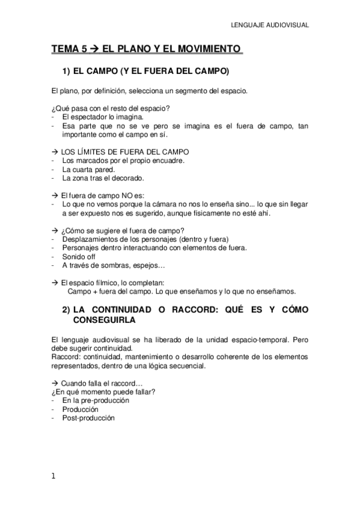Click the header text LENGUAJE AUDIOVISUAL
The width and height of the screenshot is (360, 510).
coord(270,25)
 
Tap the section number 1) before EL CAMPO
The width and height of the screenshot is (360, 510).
coord(67,71)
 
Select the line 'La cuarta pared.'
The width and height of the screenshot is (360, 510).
coord(89,169)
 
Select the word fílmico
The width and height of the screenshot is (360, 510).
coord(102,282)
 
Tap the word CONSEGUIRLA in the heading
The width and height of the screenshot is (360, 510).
coord(105,321)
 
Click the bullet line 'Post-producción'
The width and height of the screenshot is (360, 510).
coord(88,418)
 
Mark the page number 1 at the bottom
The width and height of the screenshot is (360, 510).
coord(53,477)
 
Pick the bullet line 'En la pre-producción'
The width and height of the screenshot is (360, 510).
coord(96,401)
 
